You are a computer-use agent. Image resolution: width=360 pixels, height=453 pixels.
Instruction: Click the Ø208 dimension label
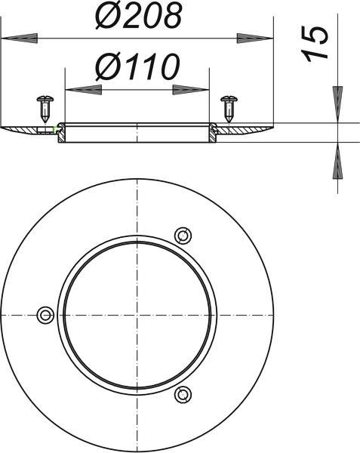pos(139,15)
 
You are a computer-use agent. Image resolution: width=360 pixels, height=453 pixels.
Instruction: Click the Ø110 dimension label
pos(138,66)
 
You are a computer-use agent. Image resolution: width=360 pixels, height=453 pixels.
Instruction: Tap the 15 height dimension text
pos(315,44)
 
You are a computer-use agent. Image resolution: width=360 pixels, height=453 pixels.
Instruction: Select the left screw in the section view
pos(45,109)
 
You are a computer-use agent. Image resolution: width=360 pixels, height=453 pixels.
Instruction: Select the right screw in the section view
pos(229,109)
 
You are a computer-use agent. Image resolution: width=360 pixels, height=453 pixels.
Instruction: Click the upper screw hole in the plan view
pos(183,236)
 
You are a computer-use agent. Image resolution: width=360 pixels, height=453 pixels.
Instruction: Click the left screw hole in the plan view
pos(45,315)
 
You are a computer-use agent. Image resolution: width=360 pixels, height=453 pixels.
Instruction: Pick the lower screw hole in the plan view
pos(183,394)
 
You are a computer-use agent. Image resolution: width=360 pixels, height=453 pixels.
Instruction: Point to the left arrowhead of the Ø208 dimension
pos(20,39)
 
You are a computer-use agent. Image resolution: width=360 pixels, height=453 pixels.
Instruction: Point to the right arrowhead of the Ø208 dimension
pos(255,39)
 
